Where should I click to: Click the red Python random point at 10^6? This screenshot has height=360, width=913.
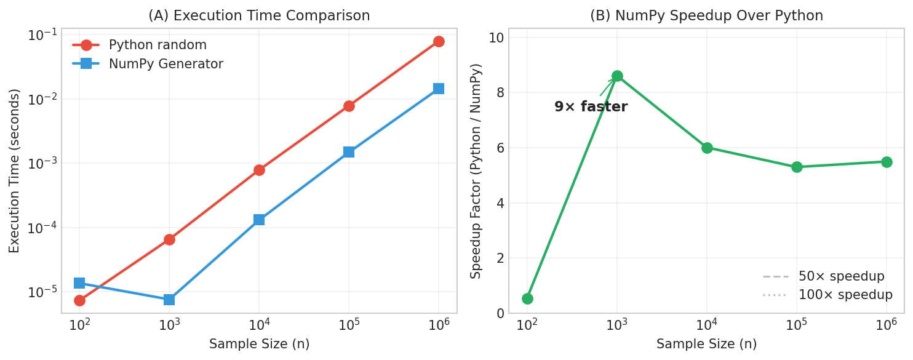pos(439,42)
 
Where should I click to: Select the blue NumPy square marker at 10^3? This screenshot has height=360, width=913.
pos(169,300)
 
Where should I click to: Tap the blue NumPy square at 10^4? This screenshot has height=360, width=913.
pos(259,220)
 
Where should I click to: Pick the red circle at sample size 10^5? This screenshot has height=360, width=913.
pos(349,106)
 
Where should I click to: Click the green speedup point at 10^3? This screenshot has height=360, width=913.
pos(617,76)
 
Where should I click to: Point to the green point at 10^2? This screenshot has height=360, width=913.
pos(527,298)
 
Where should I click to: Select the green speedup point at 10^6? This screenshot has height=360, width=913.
pos(887,162)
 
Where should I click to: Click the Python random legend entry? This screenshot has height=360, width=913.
pos(157,45)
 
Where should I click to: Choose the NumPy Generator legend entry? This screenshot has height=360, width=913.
pos(165,64)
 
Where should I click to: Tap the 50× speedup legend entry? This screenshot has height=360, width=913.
pos(841,276)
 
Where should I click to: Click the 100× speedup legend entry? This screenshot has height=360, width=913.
pos(845,295)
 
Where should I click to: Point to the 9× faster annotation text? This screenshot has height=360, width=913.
pos(591,107)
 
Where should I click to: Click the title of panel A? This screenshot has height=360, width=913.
pos(259,16)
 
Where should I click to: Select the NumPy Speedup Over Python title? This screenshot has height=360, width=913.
pos(706,16)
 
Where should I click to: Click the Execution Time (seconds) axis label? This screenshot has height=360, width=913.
pos(15,170)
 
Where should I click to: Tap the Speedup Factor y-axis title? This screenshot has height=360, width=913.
pos(476,170)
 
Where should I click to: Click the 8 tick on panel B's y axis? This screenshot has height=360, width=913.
pos(500,92)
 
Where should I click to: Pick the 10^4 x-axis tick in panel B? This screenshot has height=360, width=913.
pos(707,324)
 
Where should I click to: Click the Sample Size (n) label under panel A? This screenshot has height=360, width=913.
pos(259,344)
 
